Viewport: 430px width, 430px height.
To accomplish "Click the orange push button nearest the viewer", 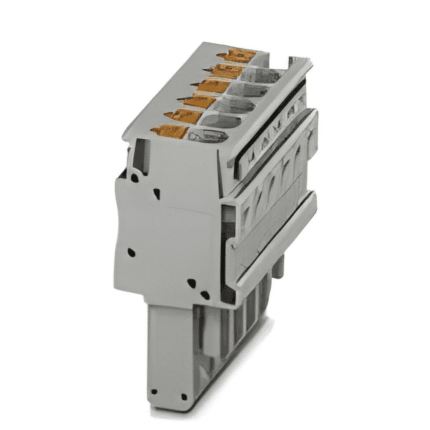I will point(169,131).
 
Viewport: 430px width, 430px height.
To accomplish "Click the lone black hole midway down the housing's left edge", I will point(131,252).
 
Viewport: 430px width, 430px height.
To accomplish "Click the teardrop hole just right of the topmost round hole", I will point(157,193).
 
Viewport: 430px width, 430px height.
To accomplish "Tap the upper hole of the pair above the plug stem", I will point(192,283).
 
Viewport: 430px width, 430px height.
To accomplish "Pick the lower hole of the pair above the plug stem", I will point(205,295).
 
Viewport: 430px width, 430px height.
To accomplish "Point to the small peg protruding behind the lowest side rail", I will point(279,267).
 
